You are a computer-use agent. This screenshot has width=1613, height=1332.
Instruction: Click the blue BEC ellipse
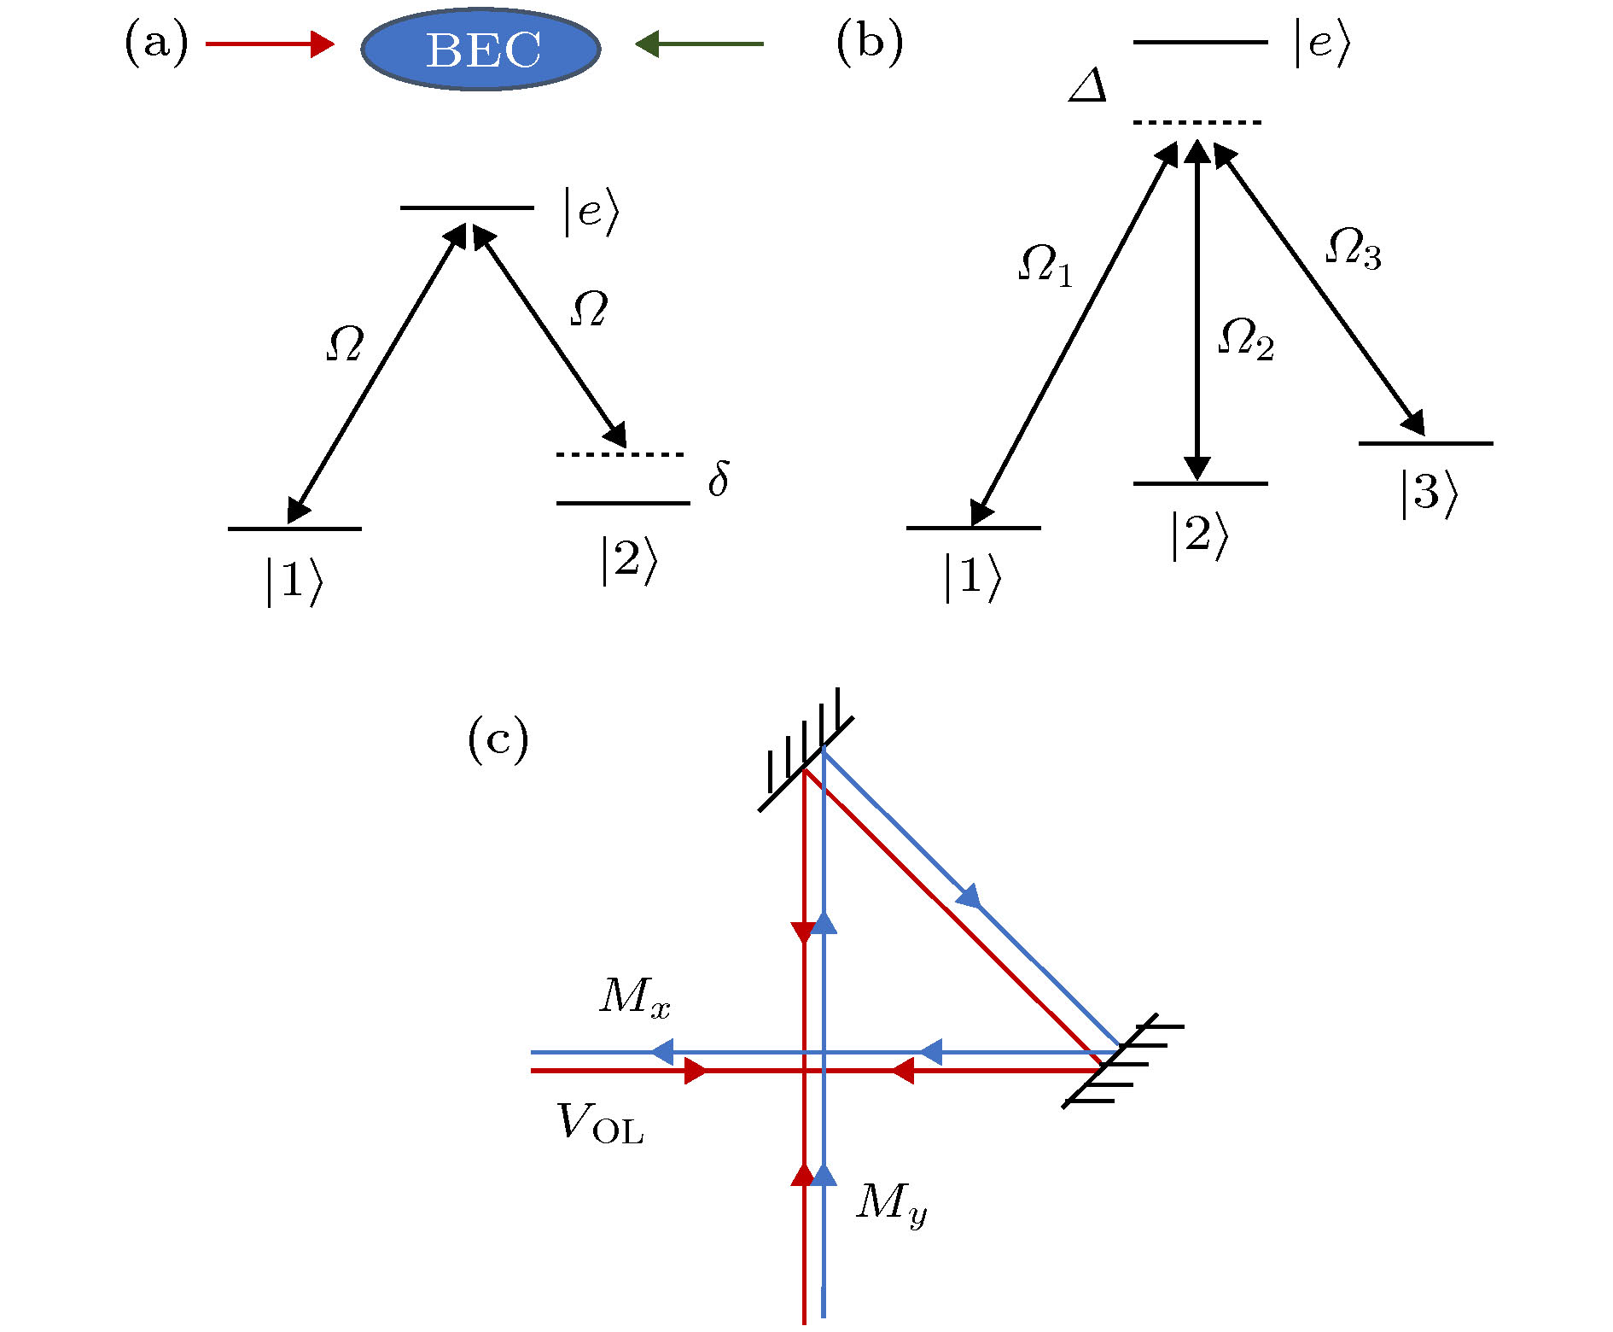(x=480, y=49)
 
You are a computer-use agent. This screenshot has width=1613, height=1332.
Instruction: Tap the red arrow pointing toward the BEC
(x=270, y=44)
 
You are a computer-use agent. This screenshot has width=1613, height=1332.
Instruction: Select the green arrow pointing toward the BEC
(x=699, y=44)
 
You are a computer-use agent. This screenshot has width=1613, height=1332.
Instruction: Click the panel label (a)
(x=156, y=43)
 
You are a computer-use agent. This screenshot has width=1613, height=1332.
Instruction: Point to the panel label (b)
(x=869, y=43)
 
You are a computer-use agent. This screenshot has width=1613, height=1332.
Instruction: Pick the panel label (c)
(x=498, y=739)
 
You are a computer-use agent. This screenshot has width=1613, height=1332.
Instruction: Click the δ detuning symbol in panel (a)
(x=719, y=479)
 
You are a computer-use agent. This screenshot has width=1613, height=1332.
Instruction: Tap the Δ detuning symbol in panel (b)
(x=1088, y=86)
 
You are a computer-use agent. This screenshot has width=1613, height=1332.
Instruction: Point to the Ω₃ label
(x=1354, y=248)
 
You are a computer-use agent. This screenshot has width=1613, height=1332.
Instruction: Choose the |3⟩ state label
(x=1428, y=494)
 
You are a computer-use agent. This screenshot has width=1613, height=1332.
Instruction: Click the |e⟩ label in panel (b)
(x=1322, y=42)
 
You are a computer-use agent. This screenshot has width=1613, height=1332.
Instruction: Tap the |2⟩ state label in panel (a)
(x=628, y=561)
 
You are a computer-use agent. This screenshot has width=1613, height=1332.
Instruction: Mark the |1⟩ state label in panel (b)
(x=971, y=578)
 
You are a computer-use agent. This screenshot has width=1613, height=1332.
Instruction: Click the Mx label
(x=634, y=996)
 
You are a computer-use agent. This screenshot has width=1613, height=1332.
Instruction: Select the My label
(x=890, y=1204)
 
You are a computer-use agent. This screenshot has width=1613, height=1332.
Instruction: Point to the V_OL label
(x=600, y=1123)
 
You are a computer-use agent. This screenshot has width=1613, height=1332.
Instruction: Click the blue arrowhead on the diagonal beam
(x=969, y=897)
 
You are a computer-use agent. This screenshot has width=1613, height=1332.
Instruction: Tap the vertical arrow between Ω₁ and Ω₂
(x=1197, y=312)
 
